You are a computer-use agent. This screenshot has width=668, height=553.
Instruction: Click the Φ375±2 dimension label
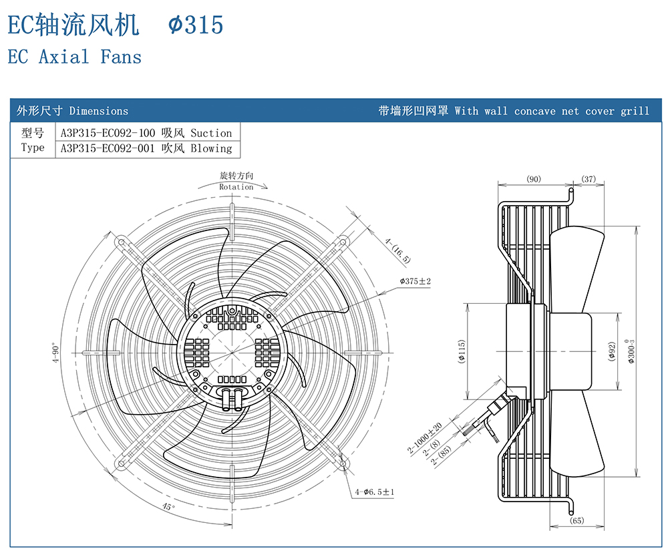[x=415, y=282]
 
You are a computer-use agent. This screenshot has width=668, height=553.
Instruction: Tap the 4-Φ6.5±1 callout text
[x=375, y=492]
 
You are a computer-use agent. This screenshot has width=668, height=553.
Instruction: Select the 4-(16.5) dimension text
[x=398, y=249]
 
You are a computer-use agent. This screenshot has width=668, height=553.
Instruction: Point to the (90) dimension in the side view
[x=534, y=179]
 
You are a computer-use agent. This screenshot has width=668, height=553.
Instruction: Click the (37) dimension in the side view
[x=589, y=179]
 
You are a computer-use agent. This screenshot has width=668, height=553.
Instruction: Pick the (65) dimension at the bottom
[x=576, y=521]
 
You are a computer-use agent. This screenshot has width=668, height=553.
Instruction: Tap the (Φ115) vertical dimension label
[x=462, y=352]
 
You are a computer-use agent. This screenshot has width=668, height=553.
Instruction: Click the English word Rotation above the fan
[x=236, y=187]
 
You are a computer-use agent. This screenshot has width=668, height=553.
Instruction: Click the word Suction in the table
[x=211, y=133]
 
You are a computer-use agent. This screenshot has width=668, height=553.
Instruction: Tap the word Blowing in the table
[x=211, y=148]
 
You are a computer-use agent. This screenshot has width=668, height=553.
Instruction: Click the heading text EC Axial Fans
[x=75, y=57]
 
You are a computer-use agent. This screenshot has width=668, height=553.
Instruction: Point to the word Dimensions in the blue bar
[x=99, y=111]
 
